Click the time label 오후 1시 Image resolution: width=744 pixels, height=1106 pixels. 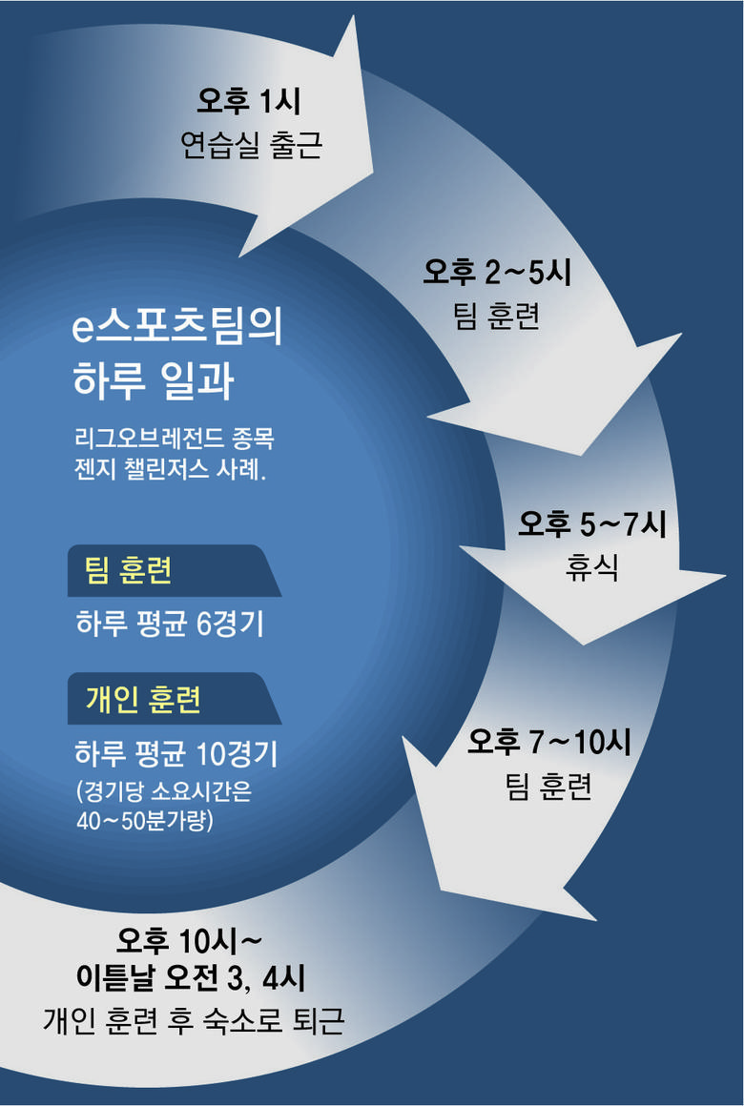(249, 99)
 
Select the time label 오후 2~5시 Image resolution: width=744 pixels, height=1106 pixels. (496, 273)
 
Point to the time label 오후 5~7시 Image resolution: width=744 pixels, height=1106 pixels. (592, 523)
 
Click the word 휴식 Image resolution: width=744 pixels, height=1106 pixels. (592, 568)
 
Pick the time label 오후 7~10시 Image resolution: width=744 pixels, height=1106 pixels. (548, 742)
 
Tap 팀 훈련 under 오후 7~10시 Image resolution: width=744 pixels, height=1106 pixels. (549, 788)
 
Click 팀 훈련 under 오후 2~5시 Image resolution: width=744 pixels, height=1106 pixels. (496, 317)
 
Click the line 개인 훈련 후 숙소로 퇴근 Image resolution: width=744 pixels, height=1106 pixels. (194, 1022)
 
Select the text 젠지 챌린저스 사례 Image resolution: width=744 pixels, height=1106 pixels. (169, 471)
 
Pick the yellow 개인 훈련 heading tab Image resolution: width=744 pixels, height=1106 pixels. (143, 701)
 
